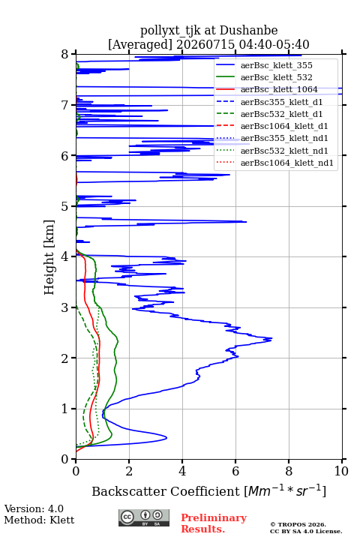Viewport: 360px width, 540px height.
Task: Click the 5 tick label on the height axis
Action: coord(65,206)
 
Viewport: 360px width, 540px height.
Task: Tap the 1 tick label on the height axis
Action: coord(65,409)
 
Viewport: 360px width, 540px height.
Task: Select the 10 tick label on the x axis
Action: coord(341,471)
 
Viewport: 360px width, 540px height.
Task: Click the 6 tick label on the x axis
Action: coord(235,471)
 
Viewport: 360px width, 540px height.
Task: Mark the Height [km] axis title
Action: coord(49,257)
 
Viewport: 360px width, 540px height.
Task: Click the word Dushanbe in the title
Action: coord(248,31)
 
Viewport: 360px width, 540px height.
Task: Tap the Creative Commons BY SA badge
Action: coord(144,518)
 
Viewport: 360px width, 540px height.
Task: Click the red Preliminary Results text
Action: coord(214,523)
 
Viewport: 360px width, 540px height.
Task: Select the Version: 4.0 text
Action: coord(34,508)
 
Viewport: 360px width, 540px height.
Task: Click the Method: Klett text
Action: coord(39,520)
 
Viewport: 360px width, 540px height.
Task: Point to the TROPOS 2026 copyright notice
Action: coord(298,524)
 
